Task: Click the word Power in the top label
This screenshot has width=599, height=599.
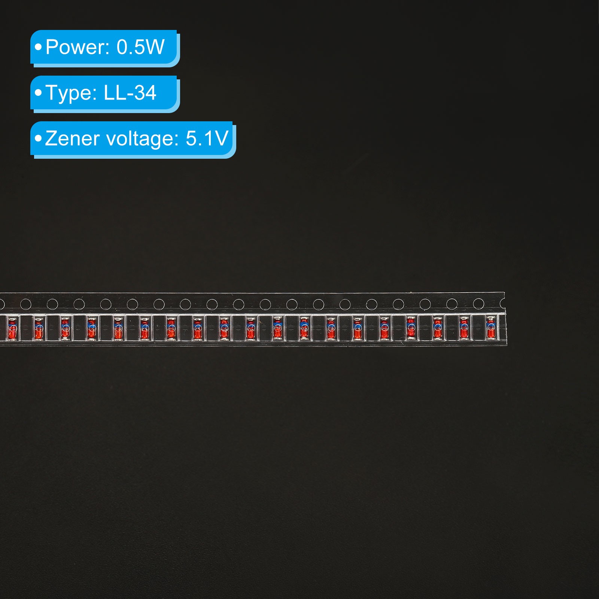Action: [x=77, y=47]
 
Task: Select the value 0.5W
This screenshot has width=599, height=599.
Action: [x=140, y=47]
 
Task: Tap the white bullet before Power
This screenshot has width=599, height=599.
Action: [x=38, y=47]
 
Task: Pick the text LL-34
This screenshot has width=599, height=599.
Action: [x=130, y=93]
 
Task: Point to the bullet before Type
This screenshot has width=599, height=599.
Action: [x=38, y=92]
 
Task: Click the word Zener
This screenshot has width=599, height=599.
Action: [x=73, y=139]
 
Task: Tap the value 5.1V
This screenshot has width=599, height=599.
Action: [x=207, y=139]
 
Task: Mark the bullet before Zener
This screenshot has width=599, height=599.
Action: [x=38, y=138]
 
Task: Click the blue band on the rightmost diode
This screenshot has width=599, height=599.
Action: [x=490, y=322]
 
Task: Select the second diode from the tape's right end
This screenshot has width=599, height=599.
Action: [x=464, y=328]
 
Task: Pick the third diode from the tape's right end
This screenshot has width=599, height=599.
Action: [x=438, y=328]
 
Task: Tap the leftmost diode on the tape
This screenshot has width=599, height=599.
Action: [x=12, y=328]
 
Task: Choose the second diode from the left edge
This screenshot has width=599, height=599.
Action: [x=39, y=328]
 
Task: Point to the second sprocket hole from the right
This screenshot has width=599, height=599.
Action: [x=452, y=304]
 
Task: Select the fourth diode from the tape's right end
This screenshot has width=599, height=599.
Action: [x=411, y=328]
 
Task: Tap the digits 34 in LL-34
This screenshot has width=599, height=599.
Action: [x=145, y=93]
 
